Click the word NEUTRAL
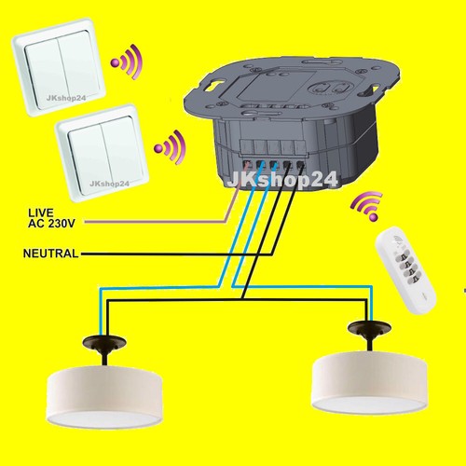tap(51, 254)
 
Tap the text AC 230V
tap(51, 224)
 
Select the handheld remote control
tap(405, 268)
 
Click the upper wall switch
tap(60, 67)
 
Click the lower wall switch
tap(103, 152)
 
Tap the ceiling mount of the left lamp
tap(104, 342)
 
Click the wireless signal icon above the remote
tap(366, 206)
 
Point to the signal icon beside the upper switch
tap(127, 62)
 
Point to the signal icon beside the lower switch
tap(170, 147)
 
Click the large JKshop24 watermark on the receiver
tap(281, 180)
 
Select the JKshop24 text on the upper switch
tap(66, 98)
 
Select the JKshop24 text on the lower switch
tap(109, 184)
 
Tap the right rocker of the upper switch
tap(78, 69)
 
